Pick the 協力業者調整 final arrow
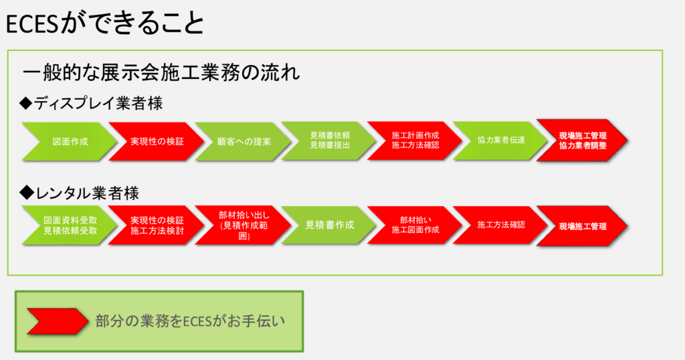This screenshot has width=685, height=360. pos(583,141)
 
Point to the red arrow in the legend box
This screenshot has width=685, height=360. pos(56,321)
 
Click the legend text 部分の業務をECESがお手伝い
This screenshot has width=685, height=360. pos(191,321)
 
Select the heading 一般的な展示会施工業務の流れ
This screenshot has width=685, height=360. pos(161,72)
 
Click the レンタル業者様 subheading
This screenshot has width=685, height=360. pos(87,193)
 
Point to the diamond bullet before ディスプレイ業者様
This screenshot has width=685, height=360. pos(27,103)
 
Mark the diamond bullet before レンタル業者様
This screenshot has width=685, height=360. pos(27,193)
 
